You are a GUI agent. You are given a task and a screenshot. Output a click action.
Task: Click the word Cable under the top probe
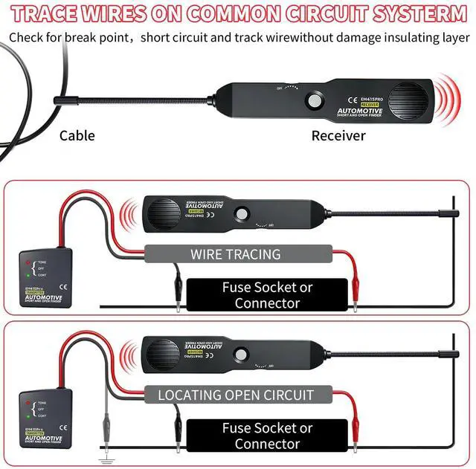[x=77, y=135]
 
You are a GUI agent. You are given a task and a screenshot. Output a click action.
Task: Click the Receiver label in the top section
[x=338, y=135]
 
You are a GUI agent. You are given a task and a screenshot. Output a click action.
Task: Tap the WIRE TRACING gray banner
[x=235, y=254]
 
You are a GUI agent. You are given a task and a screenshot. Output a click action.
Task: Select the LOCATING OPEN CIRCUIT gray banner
[x=235, y=395]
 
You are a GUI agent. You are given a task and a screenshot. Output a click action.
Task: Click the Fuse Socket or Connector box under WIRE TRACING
[x=267, y=295]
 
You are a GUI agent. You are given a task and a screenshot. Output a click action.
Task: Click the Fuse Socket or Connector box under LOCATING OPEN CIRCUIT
[x=267, y=436]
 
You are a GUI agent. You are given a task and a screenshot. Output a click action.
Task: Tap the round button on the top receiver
[x=315, y=100]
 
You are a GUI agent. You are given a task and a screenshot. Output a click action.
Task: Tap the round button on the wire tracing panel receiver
[x=241, y=213]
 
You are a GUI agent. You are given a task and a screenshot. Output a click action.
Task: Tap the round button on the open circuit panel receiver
[x=241, y=355]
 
